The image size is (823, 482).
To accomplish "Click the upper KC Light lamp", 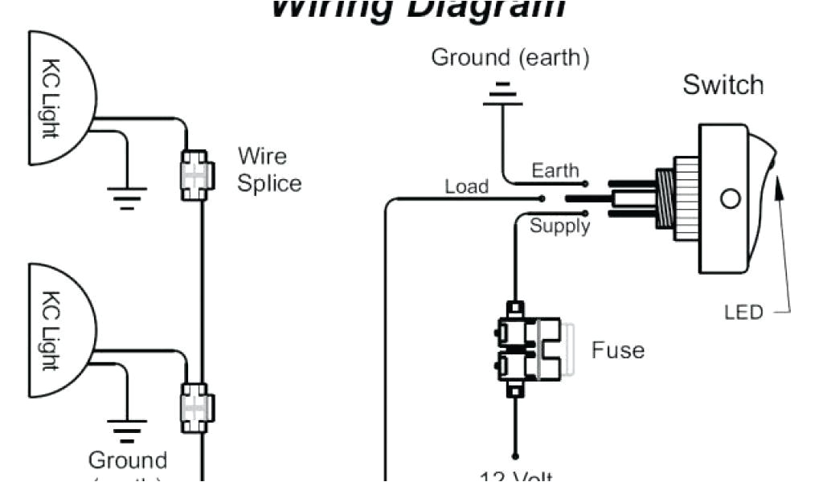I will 60,98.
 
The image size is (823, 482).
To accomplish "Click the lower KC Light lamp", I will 60,330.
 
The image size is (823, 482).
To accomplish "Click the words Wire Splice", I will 268,170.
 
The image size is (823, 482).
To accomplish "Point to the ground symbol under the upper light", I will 127,195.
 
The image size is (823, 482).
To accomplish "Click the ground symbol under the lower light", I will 127,431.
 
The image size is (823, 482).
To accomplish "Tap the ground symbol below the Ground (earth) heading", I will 502,94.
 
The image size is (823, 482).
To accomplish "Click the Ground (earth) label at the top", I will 510,58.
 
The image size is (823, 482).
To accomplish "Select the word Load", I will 466,186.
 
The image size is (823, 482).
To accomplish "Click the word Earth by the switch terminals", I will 555,170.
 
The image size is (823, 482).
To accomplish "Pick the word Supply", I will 559,227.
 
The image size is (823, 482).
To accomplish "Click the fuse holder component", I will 530,349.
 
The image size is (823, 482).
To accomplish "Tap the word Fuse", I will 617,350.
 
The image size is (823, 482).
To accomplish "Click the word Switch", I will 723,85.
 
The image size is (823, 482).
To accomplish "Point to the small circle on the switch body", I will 730,198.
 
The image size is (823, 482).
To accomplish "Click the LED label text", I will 743,312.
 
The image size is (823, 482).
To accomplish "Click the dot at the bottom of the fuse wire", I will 515,455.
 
